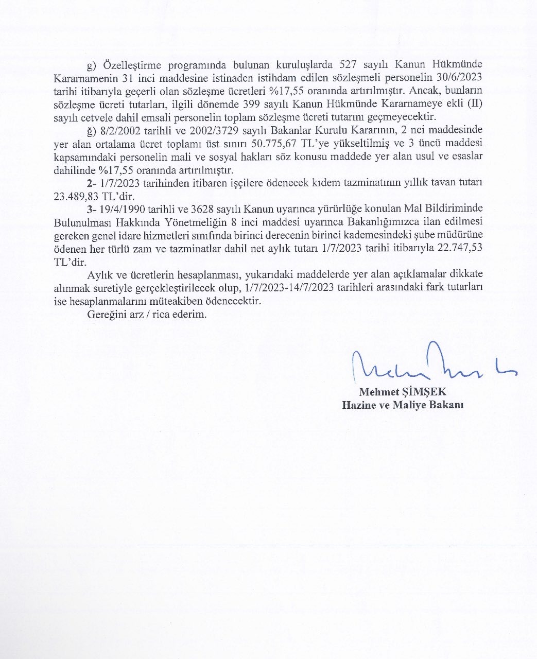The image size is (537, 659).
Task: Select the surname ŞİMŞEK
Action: tap(425, 392)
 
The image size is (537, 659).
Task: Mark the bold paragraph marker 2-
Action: tap(92, 183)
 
